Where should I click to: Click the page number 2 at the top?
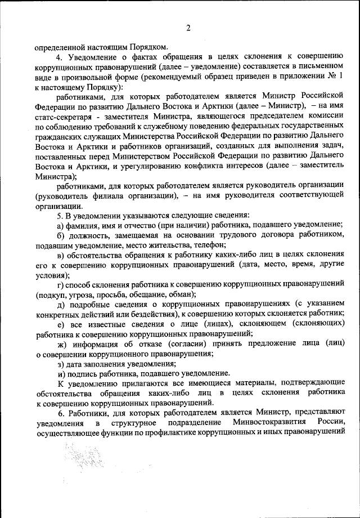[188, 28]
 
